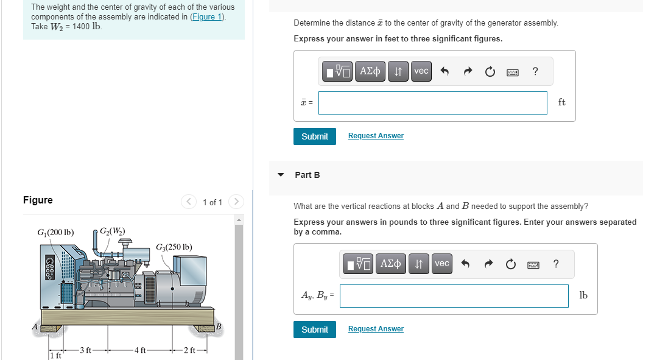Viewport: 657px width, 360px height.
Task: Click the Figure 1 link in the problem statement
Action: tap(207, 16)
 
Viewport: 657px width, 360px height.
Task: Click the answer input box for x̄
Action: tap(432, 103)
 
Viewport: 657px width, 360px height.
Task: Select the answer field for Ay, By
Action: tap(454, 296)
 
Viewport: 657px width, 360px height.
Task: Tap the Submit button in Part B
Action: tap(314, 330)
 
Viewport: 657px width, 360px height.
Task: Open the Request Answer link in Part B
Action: tap(376, 329)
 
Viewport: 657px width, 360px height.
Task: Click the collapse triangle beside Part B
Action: tap(281, 175)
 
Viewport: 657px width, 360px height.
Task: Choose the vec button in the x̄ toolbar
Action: tap(421, 71)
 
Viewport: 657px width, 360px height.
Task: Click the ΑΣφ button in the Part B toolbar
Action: tap(391, 264)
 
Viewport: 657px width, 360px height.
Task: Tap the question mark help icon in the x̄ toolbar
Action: tap(535, 71)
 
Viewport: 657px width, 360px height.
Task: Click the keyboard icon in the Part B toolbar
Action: tap(533, 264)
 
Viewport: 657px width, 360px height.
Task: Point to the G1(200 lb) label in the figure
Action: tap(55, 232)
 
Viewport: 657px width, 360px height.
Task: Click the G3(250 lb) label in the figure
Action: tap(174, 247)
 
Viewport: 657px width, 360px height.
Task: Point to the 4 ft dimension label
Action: tap(139, 350)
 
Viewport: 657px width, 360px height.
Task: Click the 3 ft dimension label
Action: tap(85, 349)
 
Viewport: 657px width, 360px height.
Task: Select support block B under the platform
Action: tap(207, 328)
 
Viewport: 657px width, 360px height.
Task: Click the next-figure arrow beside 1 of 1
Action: tap(236, 202)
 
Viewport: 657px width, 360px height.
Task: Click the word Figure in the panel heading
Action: tap(38, 200)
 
